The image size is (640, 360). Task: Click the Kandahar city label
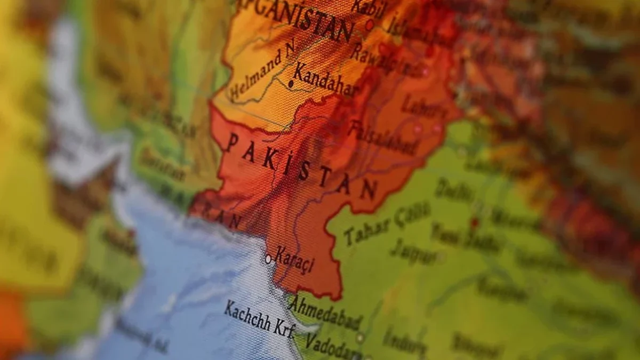click(x=325, y=80)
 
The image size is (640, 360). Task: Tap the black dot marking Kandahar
click(x=291, y=84)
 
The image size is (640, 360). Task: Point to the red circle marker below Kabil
click(x=369, y=25)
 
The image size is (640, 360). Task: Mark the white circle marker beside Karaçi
click(x=268, y=259)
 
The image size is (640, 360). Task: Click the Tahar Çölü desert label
click(x=387, y=224)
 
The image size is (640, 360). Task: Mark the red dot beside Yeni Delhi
click(x=474, y=222)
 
